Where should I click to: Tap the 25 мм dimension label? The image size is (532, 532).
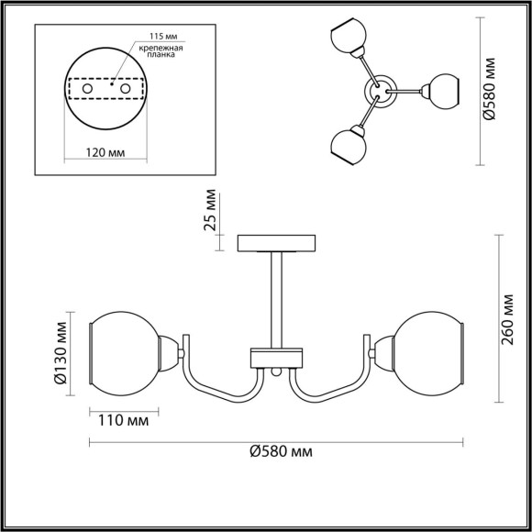211,210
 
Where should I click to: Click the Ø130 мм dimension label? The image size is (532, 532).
61,352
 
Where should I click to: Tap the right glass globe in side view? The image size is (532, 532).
428,351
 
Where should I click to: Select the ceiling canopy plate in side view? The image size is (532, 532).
276,243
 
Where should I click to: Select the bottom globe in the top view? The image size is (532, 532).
347,145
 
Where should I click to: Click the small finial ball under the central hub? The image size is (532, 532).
276,372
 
